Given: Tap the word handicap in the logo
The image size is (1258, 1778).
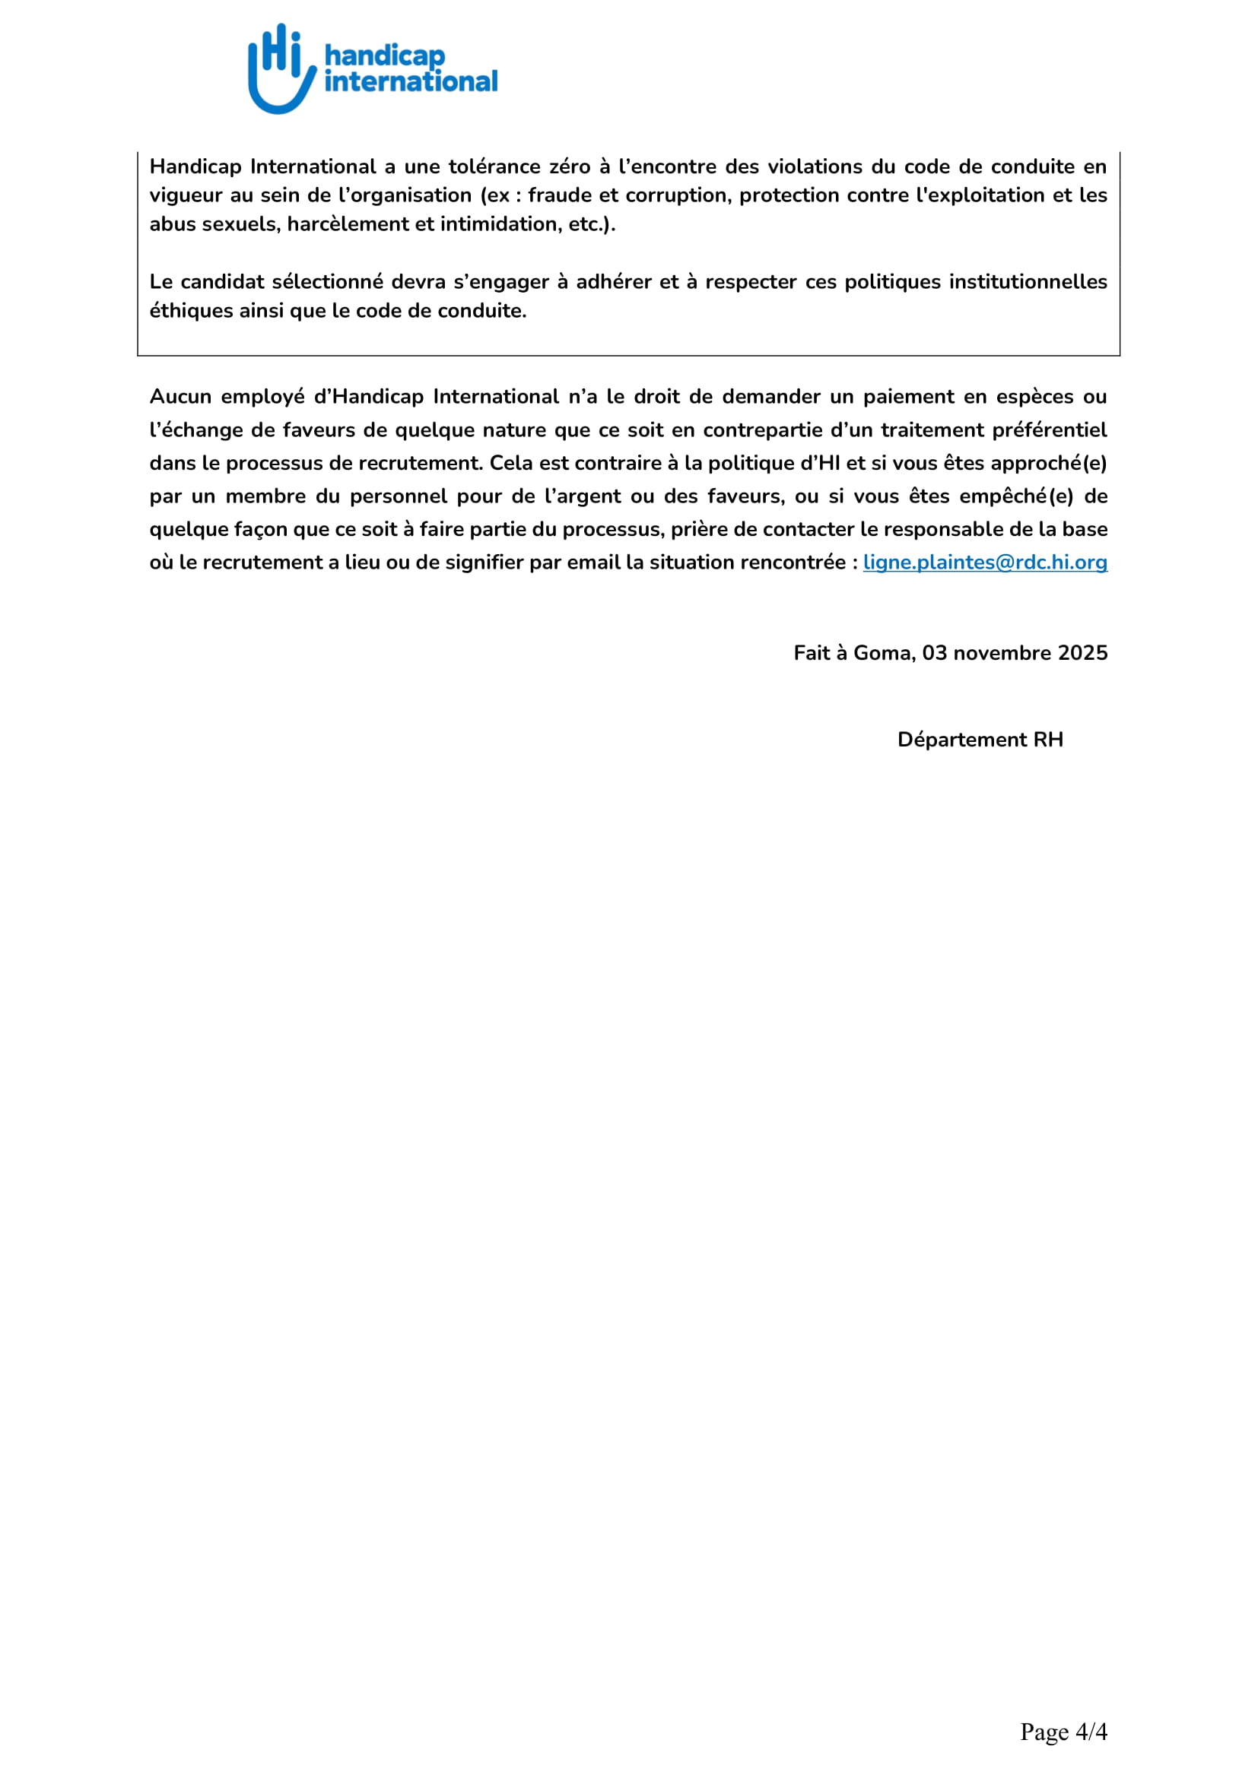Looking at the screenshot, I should tap(384, 55).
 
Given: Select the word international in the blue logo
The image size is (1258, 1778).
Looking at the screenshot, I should tap(411, 81).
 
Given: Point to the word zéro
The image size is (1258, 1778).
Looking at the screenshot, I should tap(570, 166).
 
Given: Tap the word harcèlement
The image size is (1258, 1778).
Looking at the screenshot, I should tap(348, 223).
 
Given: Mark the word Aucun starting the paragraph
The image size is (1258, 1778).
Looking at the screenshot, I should tap(179, 397).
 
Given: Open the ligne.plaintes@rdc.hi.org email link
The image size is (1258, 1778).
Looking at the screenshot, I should tap(984, 563).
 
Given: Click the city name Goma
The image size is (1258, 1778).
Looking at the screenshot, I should tap(884, 653).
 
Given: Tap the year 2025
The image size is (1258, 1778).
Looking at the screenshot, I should tap(1083, 653).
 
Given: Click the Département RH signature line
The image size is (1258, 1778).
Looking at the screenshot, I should tap(980, 740).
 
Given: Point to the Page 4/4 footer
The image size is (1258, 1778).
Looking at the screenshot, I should tap(1063, 1732).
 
